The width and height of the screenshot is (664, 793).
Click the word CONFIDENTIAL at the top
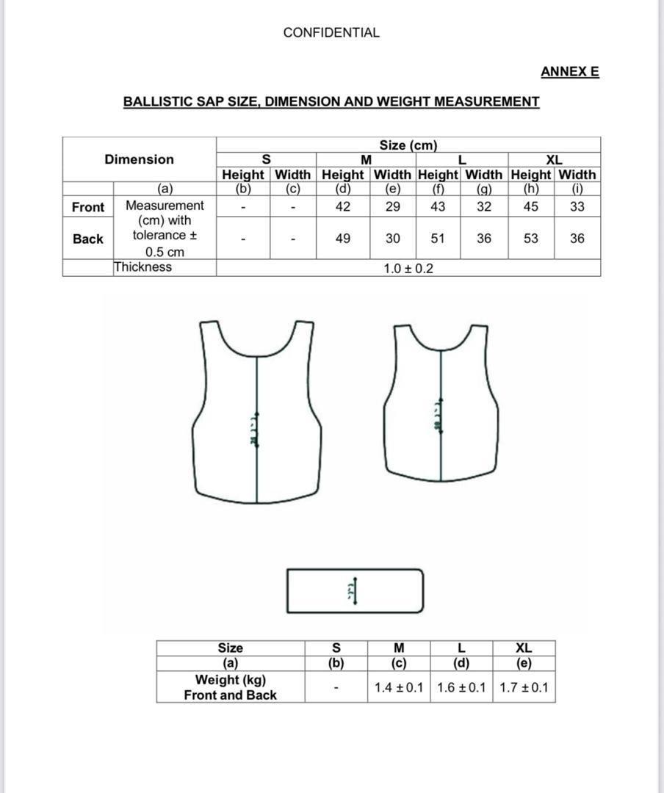pos(331,32)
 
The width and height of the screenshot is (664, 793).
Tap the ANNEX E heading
pos(569,71)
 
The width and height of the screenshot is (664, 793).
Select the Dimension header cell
pos(140,159)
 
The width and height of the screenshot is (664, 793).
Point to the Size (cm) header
pos(408,145)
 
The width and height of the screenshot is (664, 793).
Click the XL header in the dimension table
pos(554,159)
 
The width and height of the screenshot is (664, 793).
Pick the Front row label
pos(88,207)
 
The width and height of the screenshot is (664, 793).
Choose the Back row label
pos(88,239)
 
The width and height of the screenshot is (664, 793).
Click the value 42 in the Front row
pos(343,206)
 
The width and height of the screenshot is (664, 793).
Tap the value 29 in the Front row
pos(393,206)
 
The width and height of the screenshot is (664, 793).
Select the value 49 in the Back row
pos(343,239)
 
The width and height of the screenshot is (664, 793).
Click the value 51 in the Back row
pos(438,239)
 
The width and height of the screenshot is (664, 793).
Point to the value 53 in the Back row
pos(531,239)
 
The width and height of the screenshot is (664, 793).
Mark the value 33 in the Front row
pos(577,206)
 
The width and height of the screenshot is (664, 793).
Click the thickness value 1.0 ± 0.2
pos(408,269)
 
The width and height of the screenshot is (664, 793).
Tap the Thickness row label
pos(143,267)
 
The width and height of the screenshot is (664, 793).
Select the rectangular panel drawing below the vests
pos(355,590)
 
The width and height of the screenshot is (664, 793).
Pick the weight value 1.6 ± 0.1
pos(461,688)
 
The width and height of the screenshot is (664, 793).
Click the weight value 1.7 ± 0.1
pos(524,688)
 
